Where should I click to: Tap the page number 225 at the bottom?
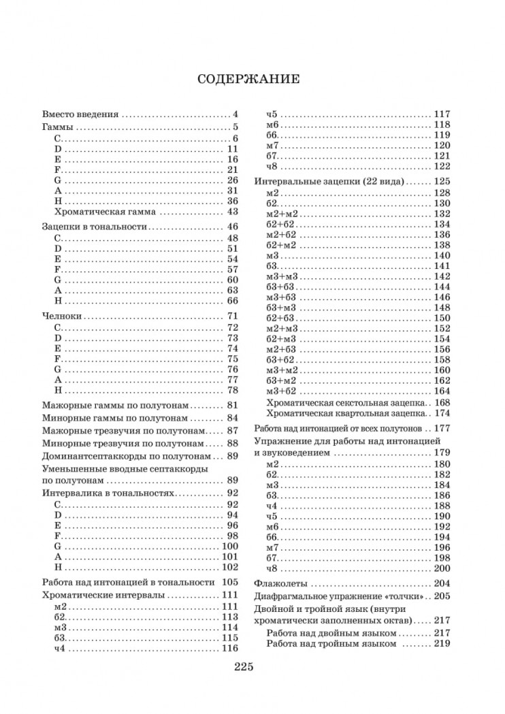coord(242,668)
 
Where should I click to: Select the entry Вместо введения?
coord(80,114)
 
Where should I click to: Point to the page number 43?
coord(231,212)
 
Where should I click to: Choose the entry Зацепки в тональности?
coord(93,226)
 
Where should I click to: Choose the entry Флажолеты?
coord(280,583)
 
